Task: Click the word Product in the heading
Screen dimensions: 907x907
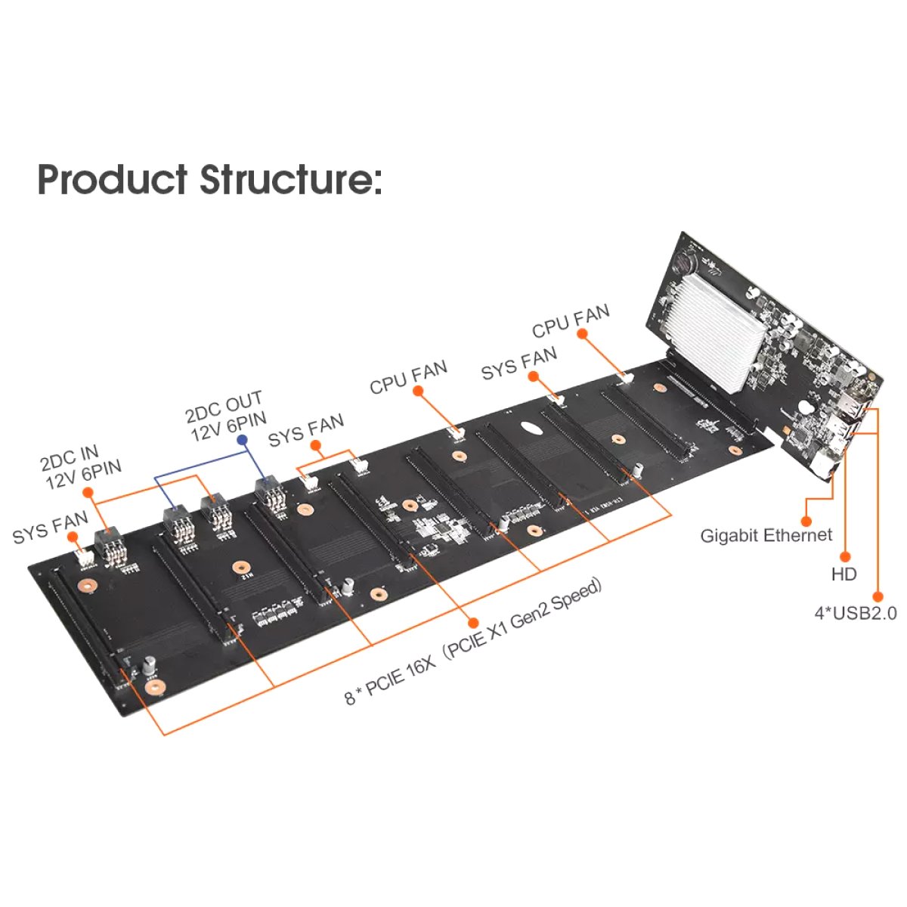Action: pyautogui.click(x=113, y=179)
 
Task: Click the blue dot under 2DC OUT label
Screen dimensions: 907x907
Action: pyautogui.click(x=242, y=440)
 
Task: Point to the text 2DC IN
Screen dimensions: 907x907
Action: pyautogui.click(x=70, y=458)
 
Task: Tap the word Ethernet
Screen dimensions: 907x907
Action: pyautogui.click(x=797, y=535)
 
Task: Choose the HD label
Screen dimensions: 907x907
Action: pyautogui.click(x=844, y=574)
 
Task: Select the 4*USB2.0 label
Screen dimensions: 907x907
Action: pyautogui.click(x=856, y=613)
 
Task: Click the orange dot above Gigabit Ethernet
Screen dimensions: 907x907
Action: pyautogui.click(x=806, y=521)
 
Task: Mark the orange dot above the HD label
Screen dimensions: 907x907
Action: pyautogui.click(x=845, y=557)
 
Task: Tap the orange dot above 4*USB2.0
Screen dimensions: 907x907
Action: pyautogui.click(x=878, y=597)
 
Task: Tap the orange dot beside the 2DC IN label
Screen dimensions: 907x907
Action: pyautogui.click(x=88, y=492)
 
